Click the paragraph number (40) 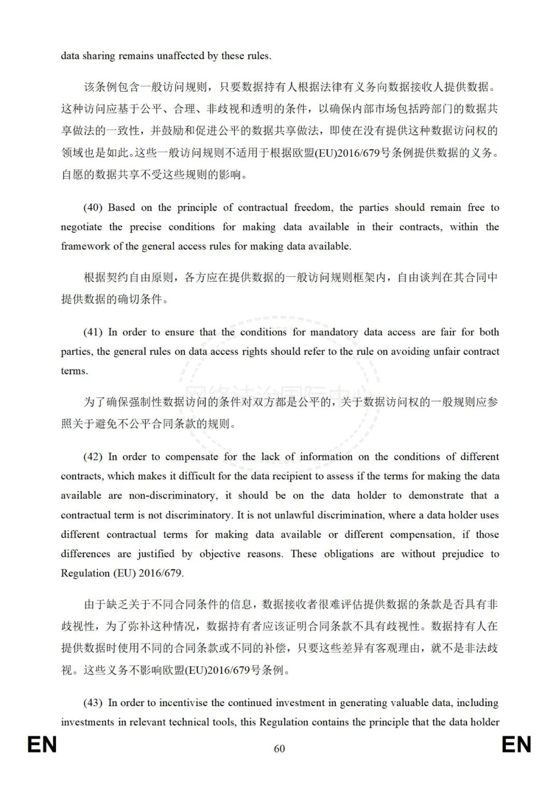click(93, 208)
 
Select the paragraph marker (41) click(93, 332)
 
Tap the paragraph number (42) click(93, 457)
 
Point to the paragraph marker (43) click(93, 703)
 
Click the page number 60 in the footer click(279, 749)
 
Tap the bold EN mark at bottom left click(42, 745)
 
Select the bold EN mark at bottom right click(516, 745)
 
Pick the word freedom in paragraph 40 click(313, 208)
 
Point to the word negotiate click(81, 227)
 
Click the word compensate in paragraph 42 click(192, 457)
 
